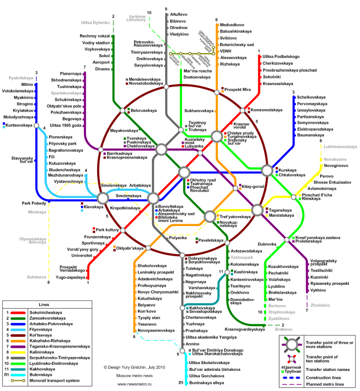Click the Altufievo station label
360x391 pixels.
click(x=179, y=14)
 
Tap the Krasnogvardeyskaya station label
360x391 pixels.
click(x=245, y=329)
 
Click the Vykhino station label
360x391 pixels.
click(x=318, y=290)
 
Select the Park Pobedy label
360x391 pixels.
click(x=34, y=203)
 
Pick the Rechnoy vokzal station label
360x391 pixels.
click(x=95, y=36)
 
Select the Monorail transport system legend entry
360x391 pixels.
click(x=54, y=381)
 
